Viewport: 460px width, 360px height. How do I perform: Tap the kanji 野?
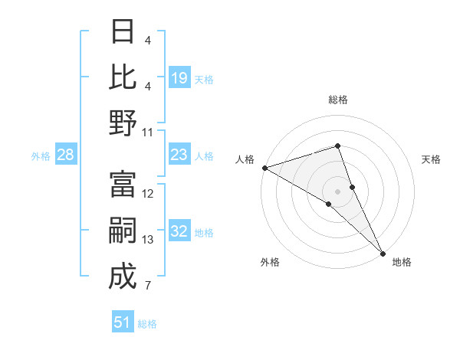pyautogui.click(x=123, y=123)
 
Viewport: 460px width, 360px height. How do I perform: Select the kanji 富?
pyautogui.click(x=123, y=185)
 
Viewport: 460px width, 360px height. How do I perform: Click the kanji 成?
pyautogui.click(x=123, y=277)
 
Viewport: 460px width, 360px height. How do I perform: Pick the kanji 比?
pyautogui.click(x=123, y=77)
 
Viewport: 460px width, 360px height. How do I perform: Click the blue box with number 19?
pyautogui.click(x=179, y=78)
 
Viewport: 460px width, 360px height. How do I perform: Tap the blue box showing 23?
pyautogui.click(x=179, y=155)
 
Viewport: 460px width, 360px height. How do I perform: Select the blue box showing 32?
pyautogui.click(x=179, y=232)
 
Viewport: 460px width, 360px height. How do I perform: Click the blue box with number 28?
pyautogui.click(x=66, y=155)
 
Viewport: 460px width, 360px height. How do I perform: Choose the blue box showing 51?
pyautogui.click(x=123, y=322)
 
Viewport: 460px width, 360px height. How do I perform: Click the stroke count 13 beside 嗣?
pyautogui.click(x=148, y=240)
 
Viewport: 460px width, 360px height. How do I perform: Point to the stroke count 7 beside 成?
pyautogui.click(x=147, y=286)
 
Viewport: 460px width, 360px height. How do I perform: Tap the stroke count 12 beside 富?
pyautogui.click(x=148, y=194)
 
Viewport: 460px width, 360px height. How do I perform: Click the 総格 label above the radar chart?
pyautogui.click(x=337, y=100)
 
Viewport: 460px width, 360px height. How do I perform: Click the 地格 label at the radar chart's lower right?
pyautogui.click(x=402, y=262)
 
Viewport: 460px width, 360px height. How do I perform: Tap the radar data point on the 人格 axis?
pyautogui.click(x=264, y=168)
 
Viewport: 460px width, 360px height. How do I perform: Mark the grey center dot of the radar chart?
pyautogui.click(x=337, y=191)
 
